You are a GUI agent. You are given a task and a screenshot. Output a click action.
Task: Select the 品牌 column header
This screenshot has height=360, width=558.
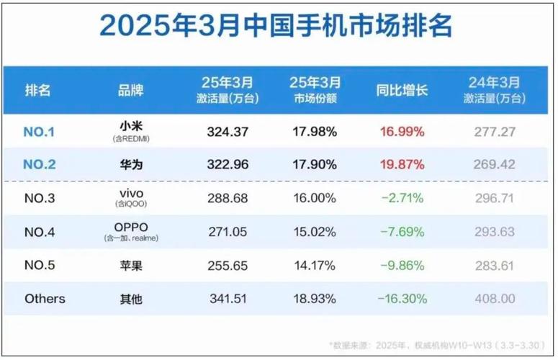pyautogui.click(x=130, y=91)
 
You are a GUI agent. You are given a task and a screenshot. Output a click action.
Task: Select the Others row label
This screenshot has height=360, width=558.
pyautogui.click(x=45, y=298)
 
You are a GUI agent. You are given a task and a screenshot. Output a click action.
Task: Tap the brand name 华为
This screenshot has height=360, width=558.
pyautogui.click(x=130, y=164)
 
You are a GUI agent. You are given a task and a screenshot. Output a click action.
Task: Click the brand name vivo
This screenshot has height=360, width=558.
pyautogui.click(x=130, y=194)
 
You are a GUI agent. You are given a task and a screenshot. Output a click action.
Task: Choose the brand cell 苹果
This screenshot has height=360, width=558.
pyautogui.click(x=130, y=264)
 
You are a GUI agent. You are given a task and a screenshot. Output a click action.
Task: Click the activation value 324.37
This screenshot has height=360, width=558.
pyautogui.click(x=226, y=131)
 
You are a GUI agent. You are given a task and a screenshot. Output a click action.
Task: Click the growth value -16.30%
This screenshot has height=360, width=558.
pyautogui.click(x=400, y=298)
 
